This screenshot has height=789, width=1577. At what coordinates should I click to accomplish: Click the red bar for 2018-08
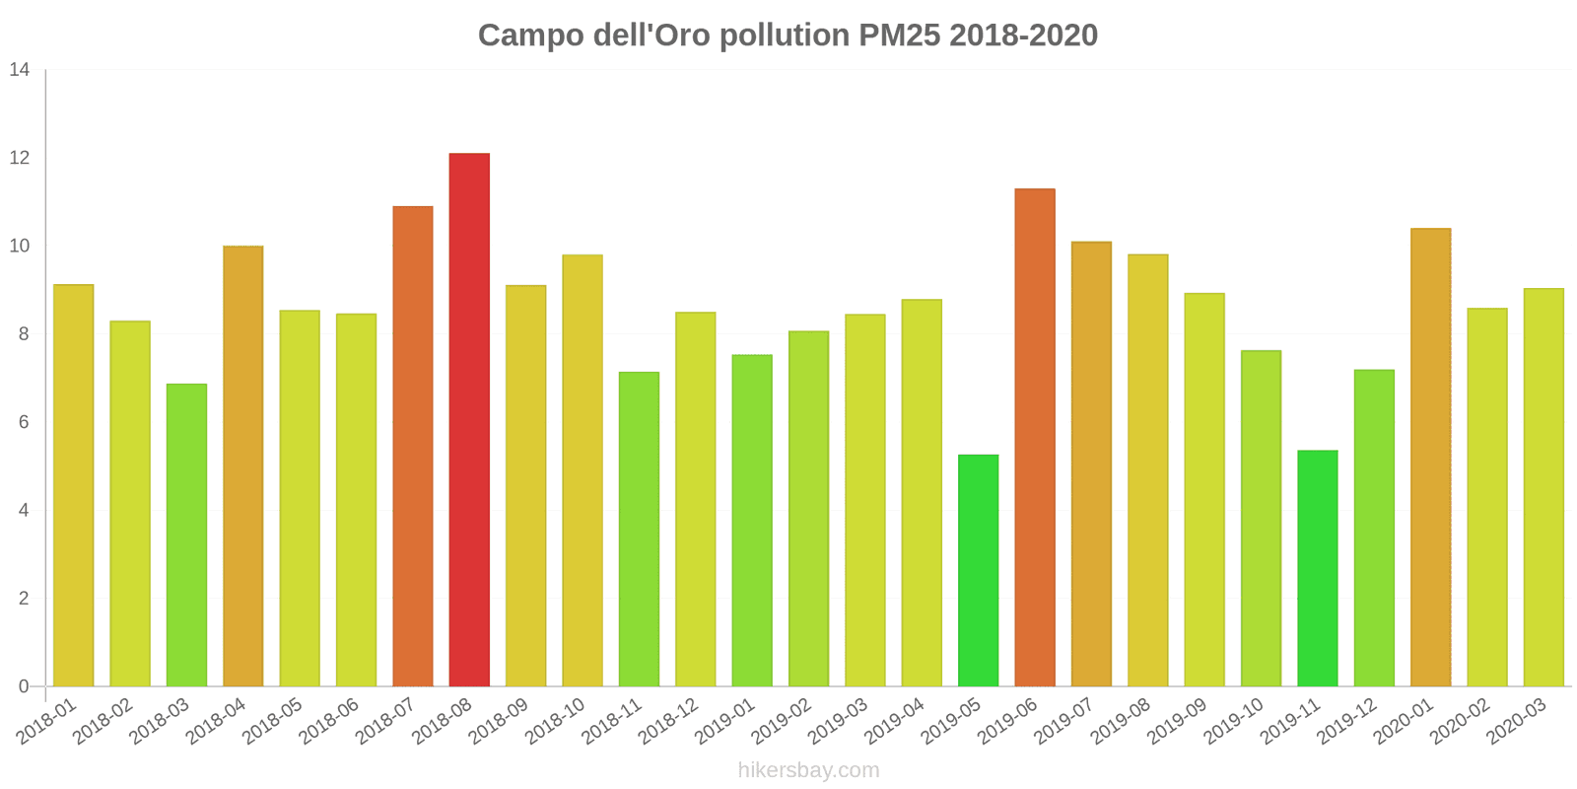[x=469, y=419]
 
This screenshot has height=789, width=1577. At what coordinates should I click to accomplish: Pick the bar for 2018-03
[x=186, y=535]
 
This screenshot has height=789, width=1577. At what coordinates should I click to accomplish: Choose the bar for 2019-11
[x=1318, y=568]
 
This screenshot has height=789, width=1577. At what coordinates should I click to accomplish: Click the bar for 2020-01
[x=1430, y=457]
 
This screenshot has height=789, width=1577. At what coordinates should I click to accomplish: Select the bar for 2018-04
[x=243, y=466]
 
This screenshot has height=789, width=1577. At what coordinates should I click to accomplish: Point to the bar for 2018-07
[x=413, y=446]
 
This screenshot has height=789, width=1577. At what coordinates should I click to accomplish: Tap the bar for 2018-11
[x=639, y=529]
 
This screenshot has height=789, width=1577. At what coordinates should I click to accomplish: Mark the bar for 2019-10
[x=1261, y=518]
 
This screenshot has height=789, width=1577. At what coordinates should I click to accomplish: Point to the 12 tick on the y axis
[x=20, y=158]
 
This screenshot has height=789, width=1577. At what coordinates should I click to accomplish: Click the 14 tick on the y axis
[x=20, y=70]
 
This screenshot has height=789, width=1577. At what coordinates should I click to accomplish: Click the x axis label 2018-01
[x=46, y=723]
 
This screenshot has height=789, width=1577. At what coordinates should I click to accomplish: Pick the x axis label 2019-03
[x=838, y=723]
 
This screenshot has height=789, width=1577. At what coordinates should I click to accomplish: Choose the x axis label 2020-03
[x=1516, y=723]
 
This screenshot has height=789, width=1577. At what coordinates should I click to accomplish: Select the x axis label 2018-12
[x=668, y=723]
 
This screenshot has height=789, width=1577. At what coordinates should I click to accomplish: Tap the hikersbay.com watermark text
[x=808, y=770]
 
